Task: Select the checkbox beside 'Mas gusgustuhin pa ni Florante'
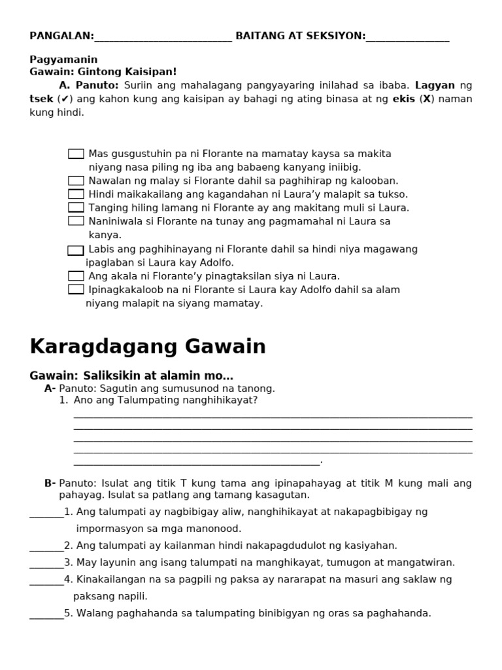click(x=76, y=154)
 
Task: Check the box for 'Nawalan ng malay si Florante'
click(x=76, y=181)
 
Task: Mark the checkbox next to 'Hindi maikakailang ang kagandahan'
click(x=76, y=194)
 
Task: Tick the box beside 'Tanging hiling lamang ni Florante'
click(x=76, y=207)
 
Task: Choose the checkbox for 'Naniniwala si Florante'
click(x=76, y=221)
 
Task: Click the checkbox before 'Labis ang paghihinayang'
click(x=76, y=250)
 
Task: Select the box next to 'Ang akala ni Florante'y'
click(x=76, y=276)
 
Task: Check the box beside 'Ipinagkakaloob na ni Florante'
click(x=76, y=289)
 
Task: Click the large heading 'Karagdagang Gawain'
click(x=148, y=347)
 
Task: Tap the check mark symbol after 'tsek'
click(x=66, y=99)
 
